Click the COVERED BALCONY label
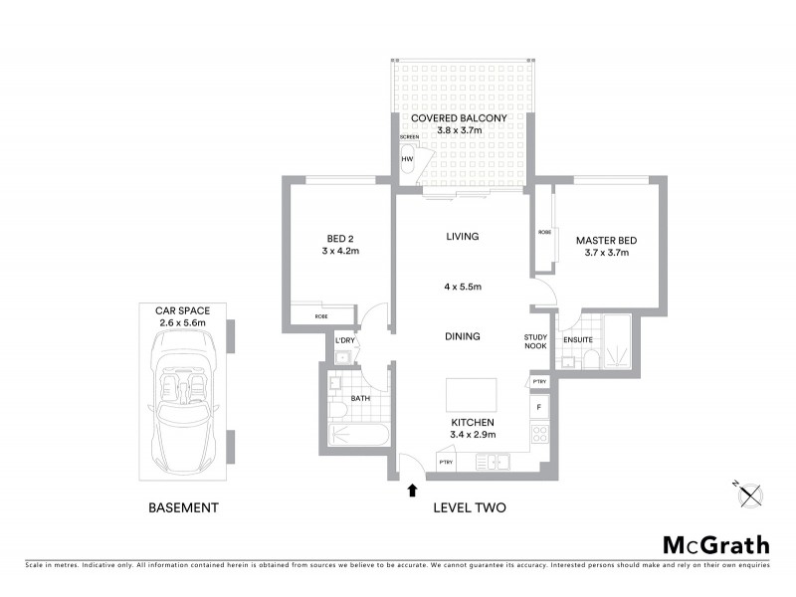point(460,117)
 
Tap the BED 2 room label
point(340,239)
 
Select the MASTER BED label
point(606,241)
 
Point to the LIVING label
point(463,237)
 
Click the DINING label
point(463,336)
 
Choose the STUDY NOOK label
point(536,342)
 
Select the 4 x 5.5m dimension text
point(463,287)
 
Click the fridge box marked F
point(539,407)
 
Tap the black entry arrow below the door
point(412,489)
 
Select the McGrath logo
point(715,544)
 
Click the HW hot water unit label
point(407,158)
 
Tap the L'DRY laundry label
point(345,341)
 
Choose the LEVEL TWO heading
point(470,507)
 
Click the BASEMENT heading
point(183,507)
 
